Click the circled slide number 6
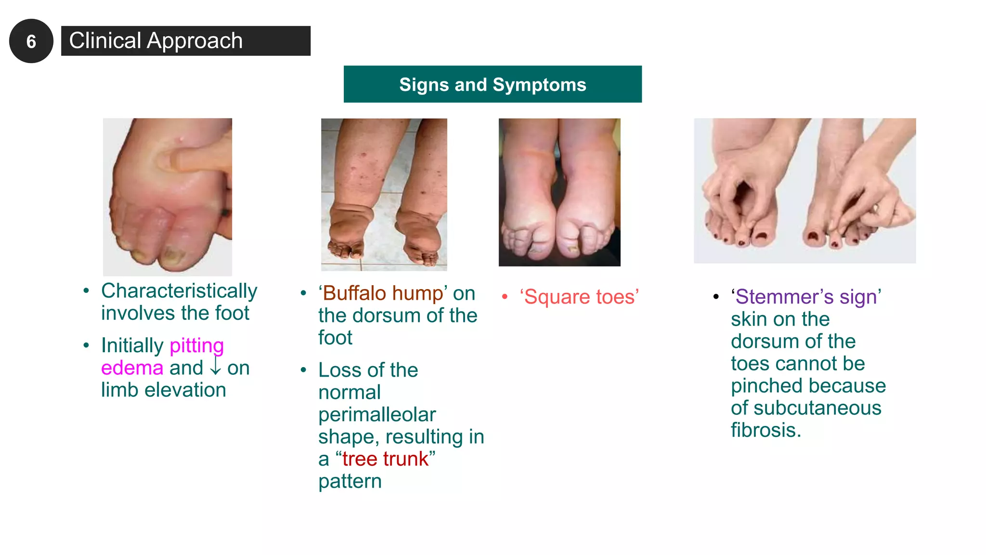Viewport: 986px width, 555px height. click(x=31, y=41)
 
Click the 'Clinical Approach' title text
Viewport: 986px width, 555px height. click(x=156, y=41)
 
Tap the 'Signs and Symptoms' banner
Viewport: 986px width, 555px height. click(x=493, y=84)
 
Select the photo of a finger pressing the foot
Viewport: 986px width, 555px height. click(x=168, y=197)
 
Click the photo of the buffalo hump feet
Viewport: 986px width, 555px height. click(x=384, y=194)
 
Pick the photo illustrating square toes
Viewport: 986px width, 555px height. click(x=559, y=192)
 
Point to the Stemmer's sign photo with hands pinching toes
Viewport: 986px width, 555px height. click(x=804, y=191)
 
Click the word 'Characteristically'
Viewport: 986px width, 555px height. click(x=179, y=291)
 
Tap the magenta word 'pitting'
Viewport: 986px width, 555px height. click(x=196, y=345)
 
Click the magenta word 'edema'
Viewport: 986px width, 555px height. click(x=132, y=368)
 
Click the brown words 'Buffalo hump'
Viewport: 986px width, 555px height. click(x=383, y=293)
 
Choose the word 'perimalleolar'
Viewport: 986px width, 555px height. click(x=377, y=415)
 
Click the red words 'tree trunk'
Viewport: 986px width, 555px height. click(x=385, y=459)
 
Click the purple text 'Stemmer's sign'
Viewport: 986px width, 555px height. click(x=806, y=297)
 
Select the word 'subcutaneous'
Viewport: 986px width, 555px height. click(x=817, y=408)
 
